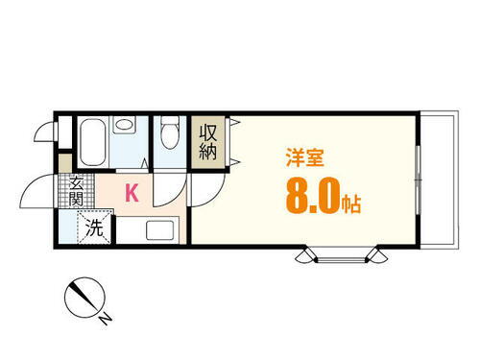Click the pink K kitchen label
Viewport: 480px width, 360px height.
(x=132, y=193)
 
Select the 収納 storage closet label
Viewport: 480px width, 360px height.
(x=208, y=142)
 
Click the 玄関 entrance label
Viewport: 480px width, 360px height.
(x=75, y=192)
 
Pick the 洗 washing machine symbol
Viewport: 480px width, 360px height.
(x=94, y=228)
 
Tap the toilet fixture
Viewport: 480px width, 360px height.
(x=171, y=134)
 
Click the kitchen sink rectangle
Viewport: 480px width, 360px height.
(x=161, y=230)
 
